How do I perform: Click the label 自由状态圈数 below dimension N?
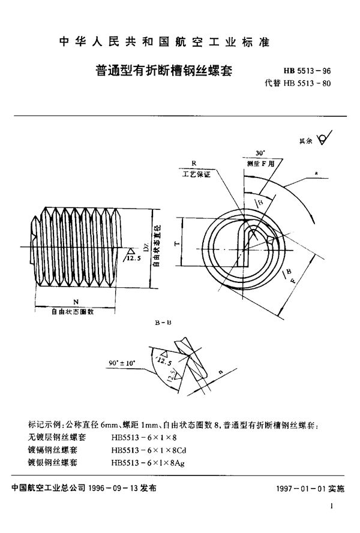tap(74, 311)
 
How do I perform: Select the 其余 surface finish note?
tap(306, 141)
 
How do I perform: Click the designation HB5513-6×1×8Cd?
tap(151, 449)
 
